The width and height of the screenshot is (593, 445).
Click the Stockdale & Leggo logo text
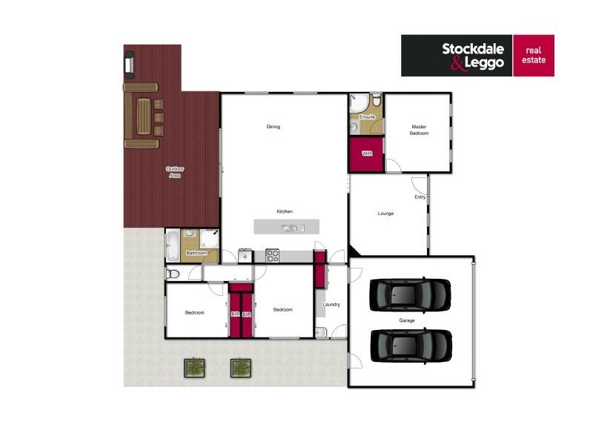473,56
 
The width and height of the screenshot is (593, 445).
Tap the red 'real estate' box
534,56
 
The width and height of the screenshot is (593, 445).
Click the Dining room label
274,127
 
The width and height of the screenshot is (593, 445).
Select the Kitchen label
285,211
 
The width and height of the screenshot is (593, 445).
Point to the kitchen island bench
285,226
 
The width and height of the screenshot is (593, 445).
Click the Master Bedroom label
419,130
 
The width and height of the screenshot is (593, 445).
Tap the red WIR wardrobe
366,154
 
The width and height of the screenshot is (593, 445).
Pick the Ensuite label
367,117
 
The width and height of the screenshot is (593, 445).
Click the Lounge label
385,214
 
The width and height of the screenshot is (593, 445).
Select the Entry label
420,197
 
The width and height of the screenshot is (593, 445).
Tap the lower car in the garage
410,344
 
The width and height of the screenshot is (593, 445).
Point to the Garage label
407,320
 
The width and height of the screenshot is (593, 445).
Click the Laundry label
331,304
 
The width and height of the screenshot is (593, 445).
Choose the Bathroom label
196,253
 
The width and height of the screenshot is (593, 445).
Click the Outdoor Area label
175,172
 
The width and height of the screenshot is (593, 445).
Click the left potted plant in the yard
195,366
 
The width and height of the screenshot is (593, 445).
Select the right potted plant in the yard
240,366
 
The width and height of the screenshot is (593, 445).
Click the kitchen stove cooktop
272,256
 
